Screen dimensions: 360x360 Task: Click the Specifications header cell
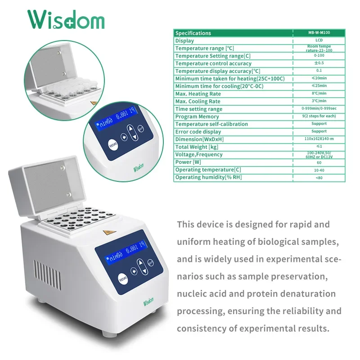tap(193, 33)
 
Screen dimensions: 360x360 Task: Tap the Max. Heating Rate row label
tap(198, 94)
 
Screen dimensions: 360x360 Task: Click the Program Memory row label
tap(197, 117)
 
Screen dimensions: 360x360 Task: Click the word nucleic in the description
tap(192, 294)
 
